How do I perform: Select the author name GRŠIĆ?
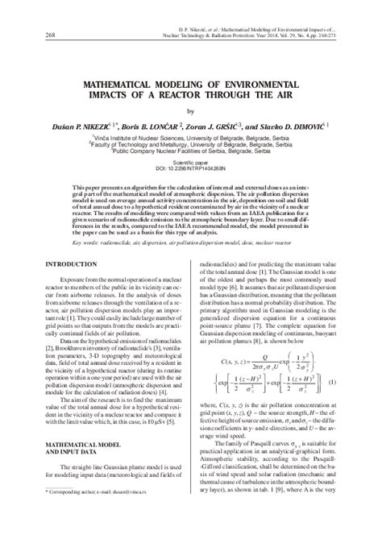coord(262,126)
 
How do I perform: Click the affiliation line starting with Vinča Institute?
coord(191,138)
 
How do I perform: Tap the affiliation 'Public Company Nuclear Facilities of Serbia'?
coord(191,151)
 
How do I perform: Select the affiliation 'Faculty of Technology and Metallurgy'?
coord(191,144)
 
